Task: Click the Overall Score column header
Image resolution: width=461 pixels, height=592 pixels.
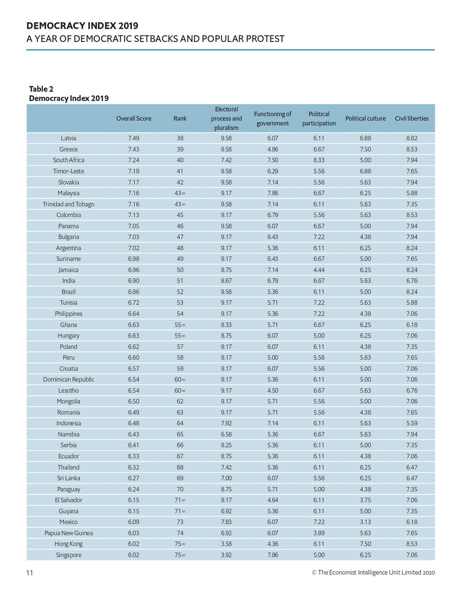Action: [134, 118]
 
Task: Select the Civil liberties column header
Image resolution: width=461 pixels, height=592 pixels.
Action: [411, 118]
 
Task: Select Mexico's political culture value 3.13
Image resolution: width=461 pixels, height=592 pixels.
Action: [366, 522]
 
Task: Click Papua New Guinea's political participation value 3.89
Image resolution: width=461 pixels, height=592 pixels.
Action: [319, 533]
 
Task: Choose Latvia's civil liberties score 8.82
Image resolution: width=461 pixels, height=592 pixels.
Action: [412, 138]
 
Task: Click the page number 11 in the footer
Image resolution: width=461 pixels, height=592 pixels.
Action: [30, 573]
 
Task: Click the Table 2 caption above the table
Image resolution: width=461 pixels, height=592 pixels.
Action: [41, 89]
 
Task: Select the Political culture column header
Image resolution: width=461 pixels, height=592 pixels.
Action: [366, 118]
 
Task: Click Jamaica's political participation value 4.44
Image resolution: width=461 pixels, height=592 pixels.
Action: [319, 270]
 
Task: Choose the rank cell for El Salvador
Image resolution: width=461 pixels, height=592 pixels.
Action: [180, 500]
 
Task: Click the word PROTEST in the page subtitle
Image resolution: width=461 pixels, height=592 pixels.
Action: [260, 38]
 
